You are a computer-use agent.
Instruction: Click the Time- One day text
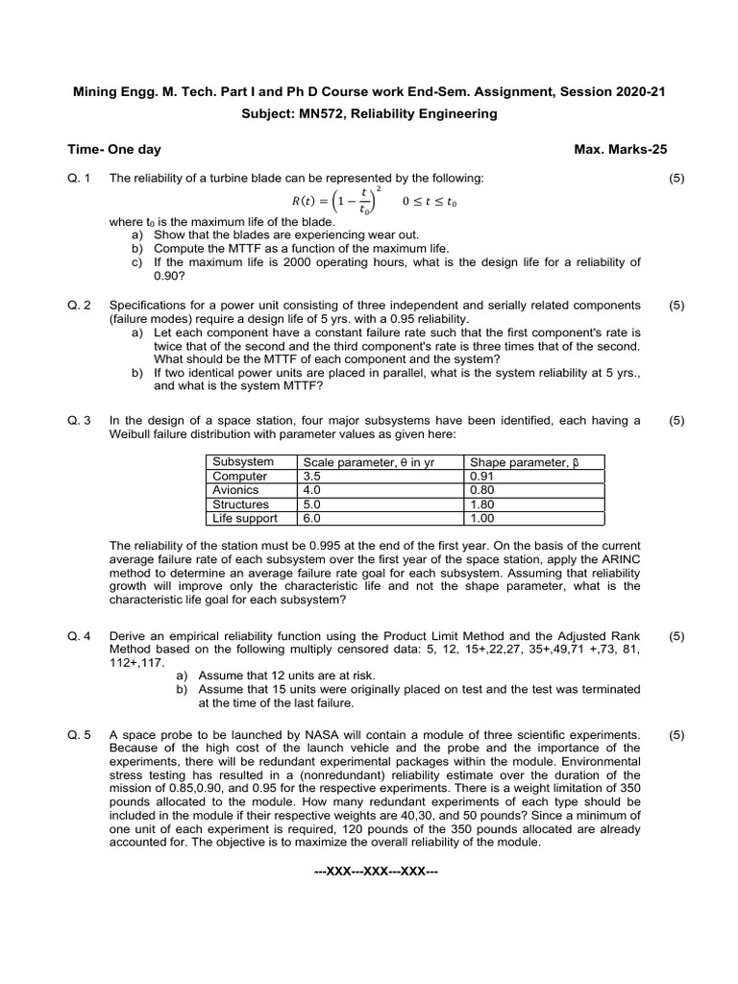pyautogui.click(x=114, y=149)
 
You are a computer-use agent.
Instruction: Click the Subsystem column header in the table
pyautogui.click(x=243, y=462)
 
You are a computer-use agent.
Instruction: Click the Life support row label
pyautogui.click(x=245, y=518)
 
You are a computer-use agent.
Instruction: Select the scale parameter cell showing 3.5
pyautogui.click(x=312, y=476)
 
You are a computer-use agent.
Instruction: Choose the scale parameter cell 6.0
pyautogui.click(x=312, y=518)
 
